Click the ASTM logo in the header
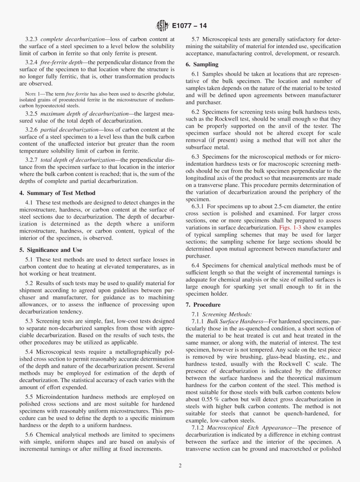[x=162, y=26]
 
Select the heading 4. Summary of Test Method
[x=57, y=193]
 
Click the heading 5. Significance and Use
[x=50, y=250]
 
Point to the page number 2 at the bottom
[x=180, y=466]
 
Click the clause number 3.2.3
[x=32, y=39]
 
